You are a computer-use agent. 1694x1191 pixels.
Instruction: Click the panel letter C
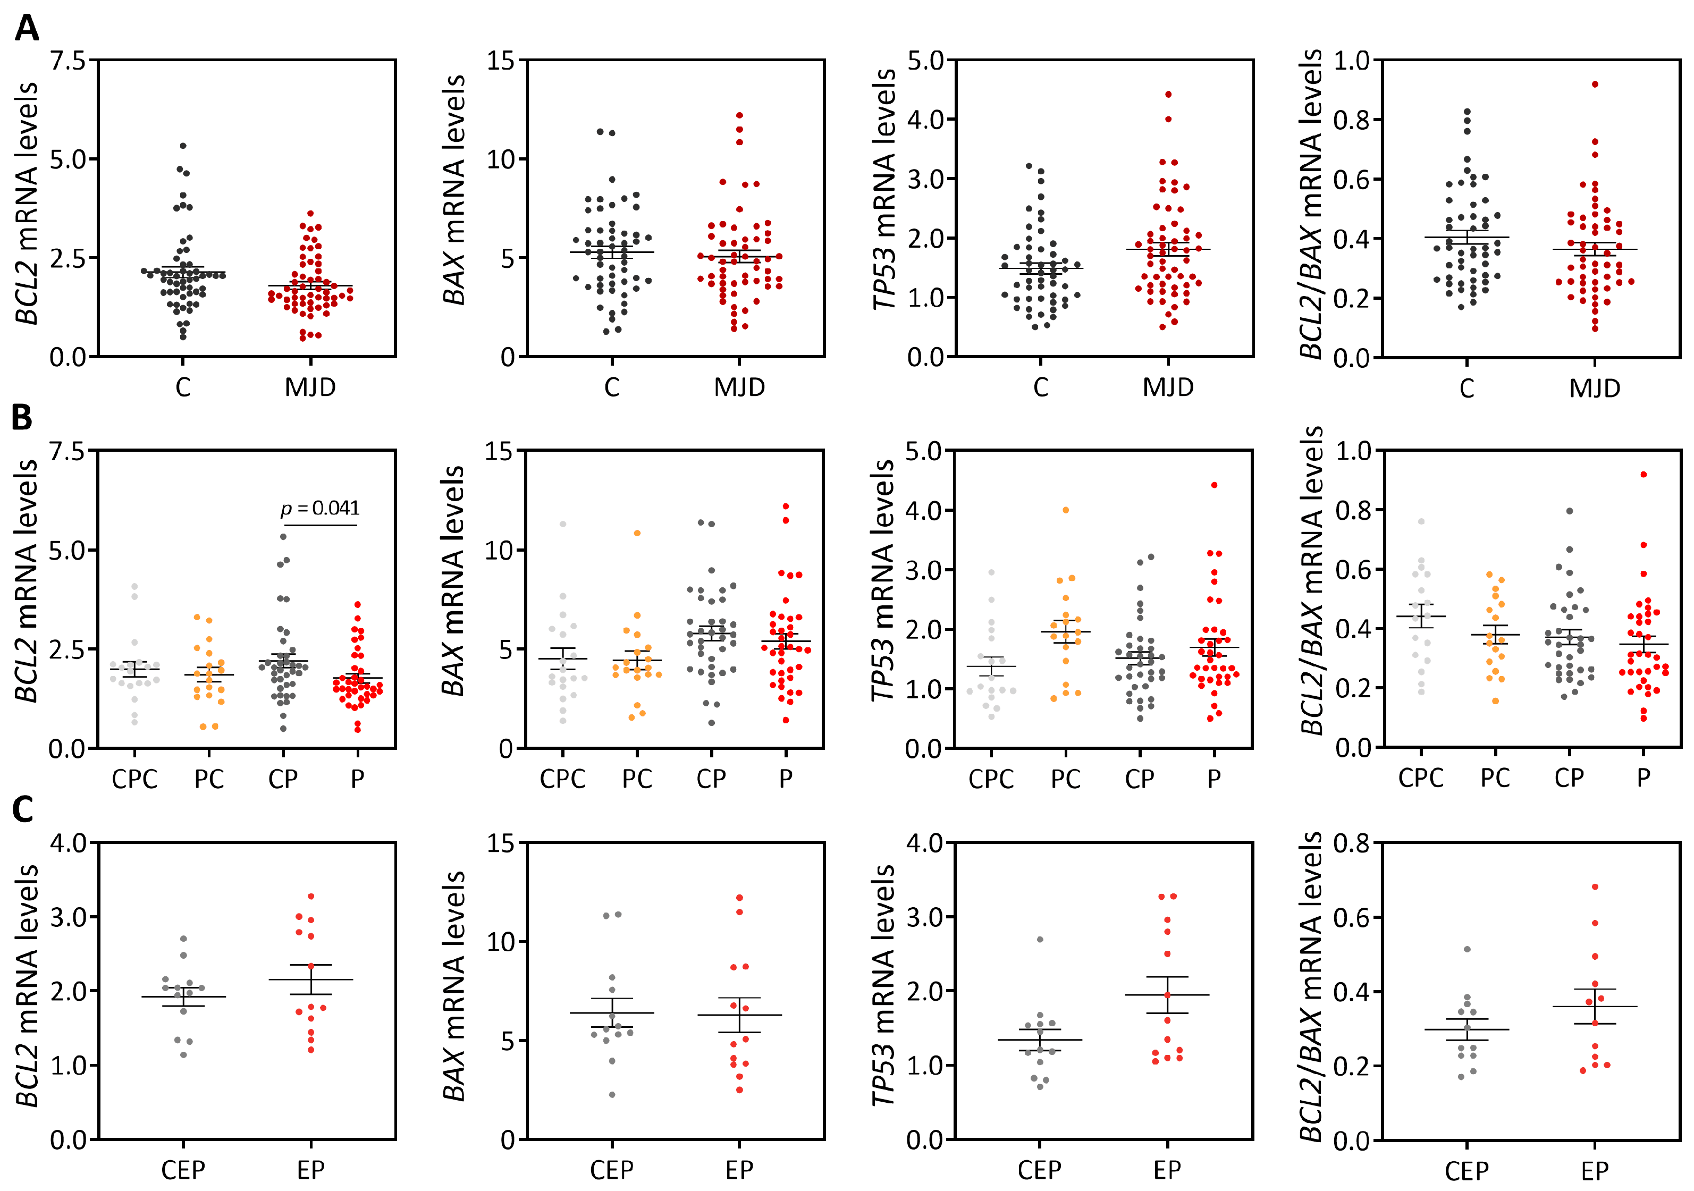pos(22,809)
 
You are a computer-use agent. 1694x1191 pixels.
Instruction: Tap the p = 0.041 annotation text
pos(320,509)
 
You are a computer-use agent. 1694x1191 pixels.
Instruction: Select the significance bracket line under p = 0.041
pos(320,526)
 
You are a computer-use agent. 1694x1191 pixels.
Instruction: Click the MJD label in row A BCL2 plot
pos(310,387)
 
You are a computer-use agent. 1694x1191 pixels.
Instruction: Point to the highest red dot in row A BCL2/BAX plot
pos(1595,84)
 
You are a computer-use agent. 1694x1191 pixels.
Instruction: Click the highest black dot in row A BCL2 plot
pos(183,146)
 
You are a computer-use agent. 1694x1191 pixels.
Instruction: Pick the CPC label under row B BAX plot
pos(562,779)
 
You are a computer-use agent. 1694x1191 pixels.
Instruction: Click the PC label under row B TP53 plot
pos(1065,779)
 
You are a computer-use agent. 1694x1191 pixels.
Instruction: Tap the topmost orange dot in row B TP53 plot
pos(1065,510)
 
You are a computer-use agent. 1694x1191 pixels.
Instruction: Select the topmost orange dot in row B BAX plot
pos(637,533)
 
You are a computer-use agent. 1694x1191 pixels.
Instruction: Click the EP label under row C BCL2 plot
pos(310,1170)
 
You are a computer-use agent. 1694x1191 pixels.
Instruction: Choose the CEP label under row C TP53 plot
pos(1040,1170)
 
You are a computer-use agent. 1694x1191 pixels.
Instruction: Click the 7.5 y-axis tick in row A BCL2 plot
pos(68,61)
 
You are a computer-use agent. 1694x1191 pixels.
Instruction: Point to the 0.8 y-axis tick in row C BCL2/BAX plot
pos(1352,843)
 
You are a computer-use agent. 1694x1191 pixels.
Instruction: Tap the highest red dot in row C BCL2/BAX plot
pos(1595,887)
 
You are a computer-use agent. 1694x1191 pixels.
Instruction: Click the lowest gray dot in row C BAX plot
pos(612,1094)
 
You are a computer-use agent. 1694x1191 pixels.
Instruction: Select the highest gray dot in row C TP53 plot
pos(1040,940)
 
